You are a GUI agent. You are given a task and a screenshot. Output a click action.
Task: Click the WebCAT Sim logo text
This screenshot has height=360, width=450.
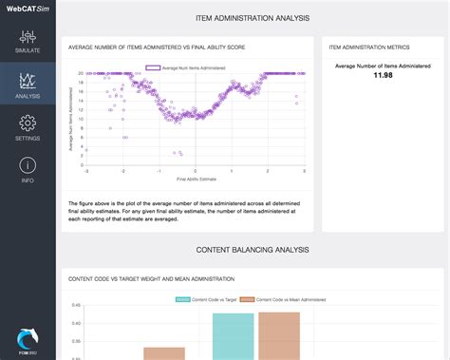pos(28,10)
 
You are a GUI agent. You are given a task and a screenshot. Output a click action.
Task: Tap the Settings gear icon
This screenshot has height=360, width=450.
pos(28,123)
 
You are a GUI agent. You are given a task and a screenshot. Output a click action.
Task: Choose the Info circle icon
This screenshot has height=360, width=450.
pos(28,165)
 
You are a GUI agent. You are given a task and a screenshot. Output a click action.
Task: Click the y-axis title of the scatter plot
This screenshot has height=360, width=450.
pos(71,118)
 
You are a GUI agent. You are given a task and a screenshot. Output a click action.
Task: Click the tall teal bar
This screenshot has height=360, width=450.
pos(234,336)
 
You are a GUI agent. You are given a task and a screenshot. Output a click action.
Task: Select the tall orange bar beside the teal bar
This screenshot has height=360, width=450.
pos(278,336)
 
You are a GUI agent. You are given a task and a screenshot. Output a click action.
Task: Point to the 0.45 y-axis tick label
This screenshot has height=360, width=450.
pos(76,306)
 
